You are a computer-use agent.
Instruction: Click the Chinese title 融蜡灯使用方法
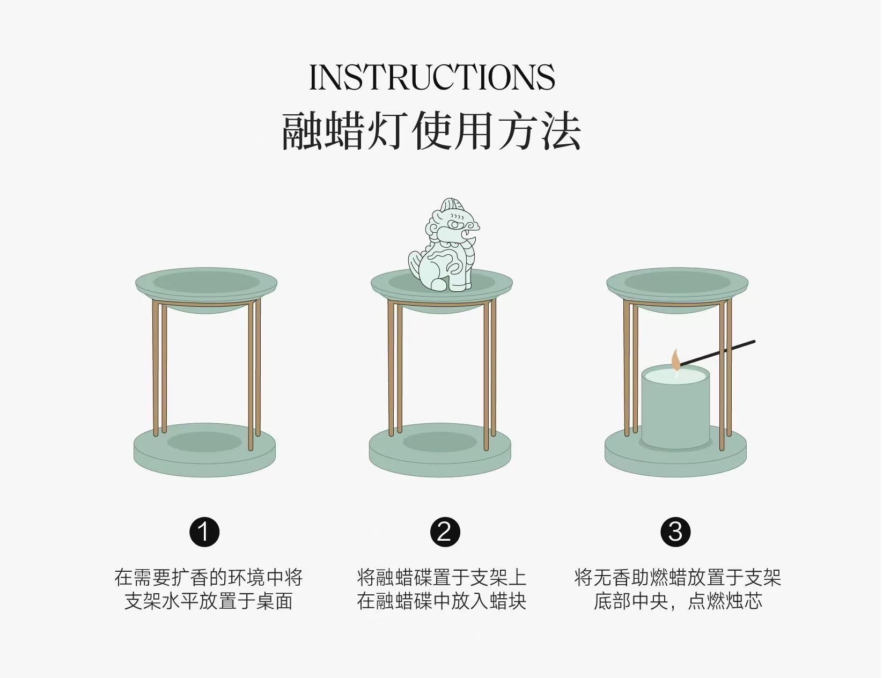431,131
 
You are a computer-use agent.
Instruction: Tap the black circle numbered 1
204,532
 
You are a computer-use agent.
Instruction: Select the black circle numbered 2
445,532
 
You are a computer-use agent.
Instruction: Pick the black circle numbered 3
675,532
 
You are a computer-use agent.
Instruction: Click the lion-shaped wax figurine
444,245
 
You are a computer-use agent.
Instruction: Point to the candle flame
675,360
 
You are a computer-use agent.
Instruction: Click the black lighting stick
717,353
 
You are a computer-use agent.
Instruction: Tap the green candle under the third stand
675,407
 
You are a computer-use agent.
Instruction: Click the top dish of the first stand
206,289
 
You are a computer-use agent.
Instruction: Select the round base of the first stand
204,449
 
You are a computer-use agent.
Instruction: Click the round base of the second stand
440,449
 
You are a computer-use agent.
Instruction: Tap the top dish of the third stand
677,289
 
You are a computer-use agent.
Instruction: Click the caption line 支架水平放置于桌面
209,601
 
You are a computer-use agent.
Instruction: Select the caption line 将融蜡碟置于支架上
441,577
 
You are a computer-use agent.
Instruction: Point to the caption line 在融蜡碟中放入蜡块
441,601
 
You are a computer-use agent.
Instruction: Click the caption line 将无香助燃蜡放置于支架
678,577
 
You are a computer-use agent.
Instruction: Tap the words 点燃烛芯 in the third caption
725,601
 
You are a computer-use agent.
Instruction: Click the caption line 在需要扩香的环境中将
209,577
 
